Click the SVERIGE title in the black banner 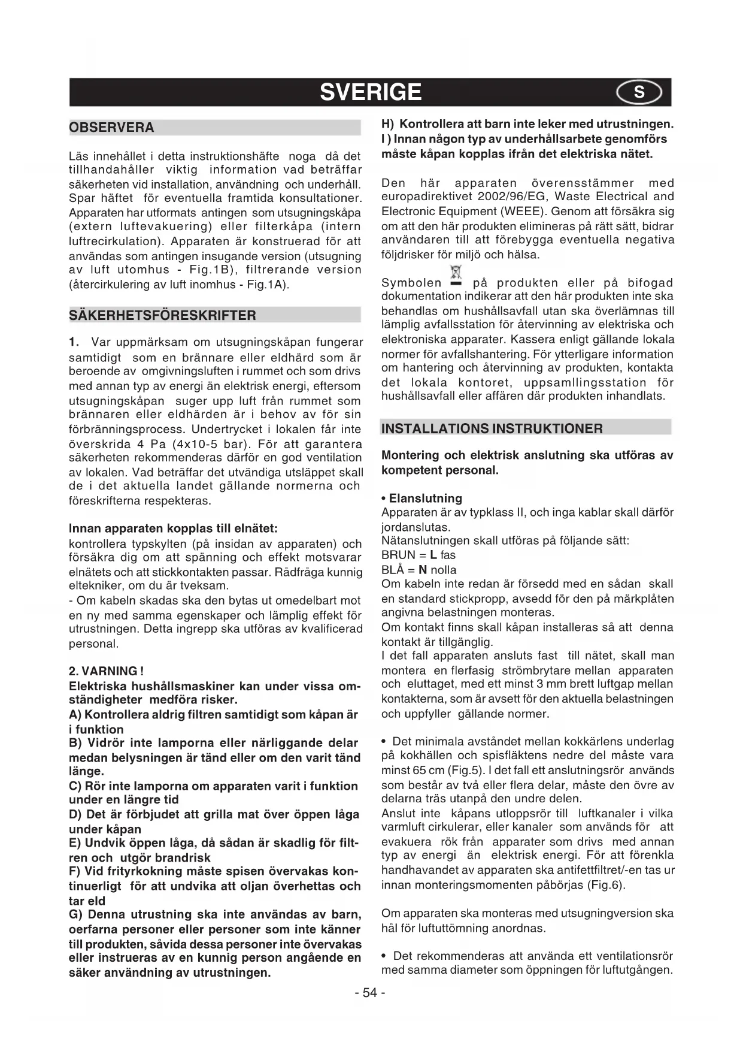click(371, 92)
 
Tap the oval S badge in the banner click(639, 92)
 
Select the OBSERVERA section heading click(112, 128)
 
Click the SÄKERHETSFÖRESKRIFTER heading click(163, 315)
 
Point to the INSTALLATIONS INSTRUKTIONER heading click(492, 428)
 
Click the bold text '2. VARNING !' click(106, 671)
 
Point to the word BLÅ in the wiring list click(393, 570)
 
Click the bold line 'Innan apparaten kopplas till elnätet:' click(173, 529)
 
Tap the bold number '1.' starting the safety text click(75, 342)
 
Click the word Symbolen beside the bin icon click(411, 283)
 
